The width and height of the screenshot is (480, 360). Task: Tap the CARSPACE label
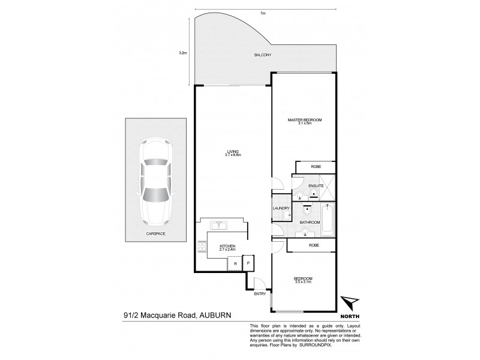coord(155,233)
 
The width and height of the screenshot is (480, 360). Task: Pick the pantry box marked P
coord(249,262)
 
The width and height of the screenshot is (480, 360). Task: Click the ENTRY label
coord(259,293)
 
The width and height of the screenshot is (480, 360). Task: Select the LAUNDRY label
coord(281,209)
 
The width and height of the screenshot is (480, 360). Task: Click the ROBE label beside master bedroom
coord(314,167)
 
